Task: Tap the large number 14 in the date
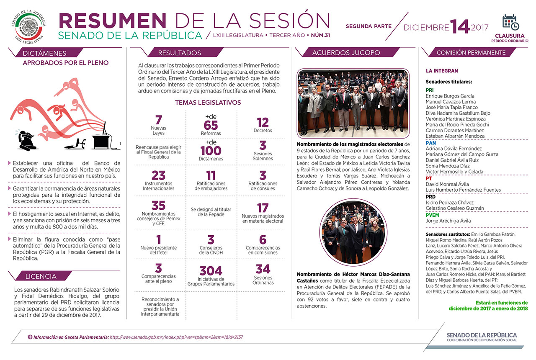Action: point(460,27)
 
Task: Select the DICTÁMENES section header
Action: point(44,53)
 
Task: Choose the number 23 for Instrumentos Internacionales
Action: point(158,175)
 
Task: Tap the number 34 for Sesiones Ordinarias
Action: point(263,269)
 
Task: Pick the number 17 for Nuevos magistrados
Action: point(263,208)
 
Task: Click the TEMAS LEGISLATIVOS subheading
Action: point(208,103)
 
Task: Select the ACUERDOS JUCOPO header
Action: point(346,53)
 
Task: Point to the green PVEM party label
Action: point(433,215)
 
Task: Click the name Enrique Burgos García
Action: point(450,96)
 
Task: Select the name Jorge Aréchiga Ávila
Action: point(448,221)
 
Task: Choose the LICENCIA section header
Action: point(41,276)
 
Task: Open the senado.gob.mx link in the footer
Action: point(176,337)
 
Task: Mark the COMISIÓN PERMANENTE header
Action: point(471,53)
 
